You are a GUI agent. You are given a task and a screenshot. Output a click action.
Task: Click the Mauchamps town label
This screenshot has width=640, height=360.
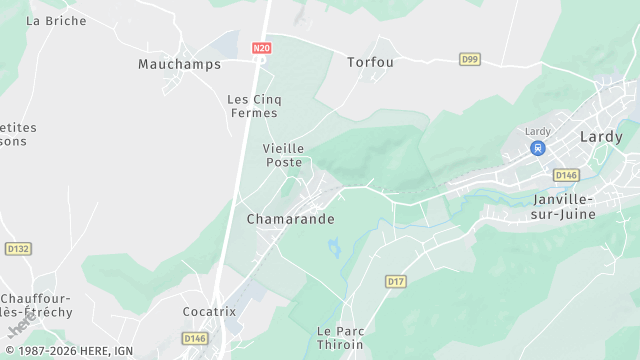pos(179,64)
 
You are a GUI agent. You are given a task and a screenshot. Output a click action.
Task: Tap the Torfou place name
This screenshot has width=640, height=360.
pos(370,62)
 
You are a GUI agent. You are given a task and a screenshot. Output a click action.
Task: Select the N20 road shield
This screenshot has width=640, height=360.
pos(262,47)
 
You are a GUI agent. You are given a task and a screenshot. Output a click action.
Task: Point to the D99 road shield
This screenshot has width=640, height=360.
pos(470,59)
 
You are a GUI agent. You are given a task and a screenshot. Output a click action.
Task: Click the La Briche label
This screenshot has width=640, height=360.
pos(56,20)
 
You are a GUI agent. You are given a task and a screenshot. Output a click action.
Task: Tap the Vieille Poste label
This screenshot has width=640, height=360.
pos(283,155)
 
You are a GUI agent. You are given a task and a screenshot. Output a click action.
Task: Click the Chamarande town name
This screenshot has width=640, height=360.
pos(291,219)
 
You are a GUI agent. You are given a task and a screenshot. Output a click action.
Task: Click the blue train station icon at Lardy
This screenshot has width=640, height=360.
pos(538,148)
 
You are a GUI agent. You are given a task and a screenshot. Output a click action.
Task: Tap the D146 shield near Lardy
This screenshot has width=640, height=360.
pos(566,175)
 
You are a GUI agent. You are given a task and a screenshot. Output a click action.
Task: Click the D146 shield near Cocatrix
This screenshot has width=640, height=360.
pos(194,339)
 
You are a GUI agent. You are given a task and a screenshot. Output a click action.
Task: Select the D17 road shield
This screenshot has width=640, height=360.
pos(396,281)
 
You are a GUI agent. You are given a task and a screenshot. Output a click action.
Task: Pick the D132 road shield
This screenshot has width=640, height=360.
pos(17,248)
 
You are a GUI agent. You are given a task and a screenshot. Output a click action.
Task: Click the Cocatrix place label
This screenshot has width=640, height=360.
pos(209,311)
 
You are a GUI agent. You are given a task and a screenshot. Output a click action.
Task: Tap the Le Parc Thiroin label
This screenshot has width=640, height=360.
pos(338,337)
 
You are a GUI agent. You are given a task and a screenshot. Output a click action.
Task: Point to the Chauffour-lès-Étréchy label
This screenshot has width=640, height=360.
pos(37,305)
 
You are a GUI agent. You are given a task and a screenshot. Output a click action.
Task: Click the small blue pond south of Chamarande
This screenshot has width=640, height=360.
pos(334,246)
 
